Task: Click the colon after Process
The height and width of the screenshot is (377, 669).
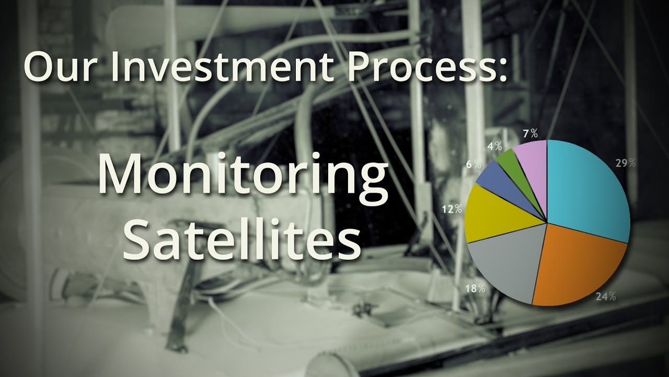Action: point(502,70)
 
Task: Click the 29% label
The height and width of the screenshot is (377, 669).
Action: point(626,163)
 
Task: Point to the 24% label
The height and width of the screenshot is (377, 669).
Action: point(606,296)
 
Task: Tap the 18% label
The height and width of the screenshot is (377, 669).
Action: point(475,289)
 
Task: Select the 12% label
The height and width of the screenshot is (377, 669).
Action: point(452,209)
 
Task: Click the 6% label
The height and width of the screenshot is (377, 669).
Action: point(474,164)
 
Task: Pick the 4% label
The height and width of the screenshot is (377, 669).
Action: point(494,146)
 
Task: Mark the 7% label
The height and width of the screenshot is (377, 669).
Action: point(530,134)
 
